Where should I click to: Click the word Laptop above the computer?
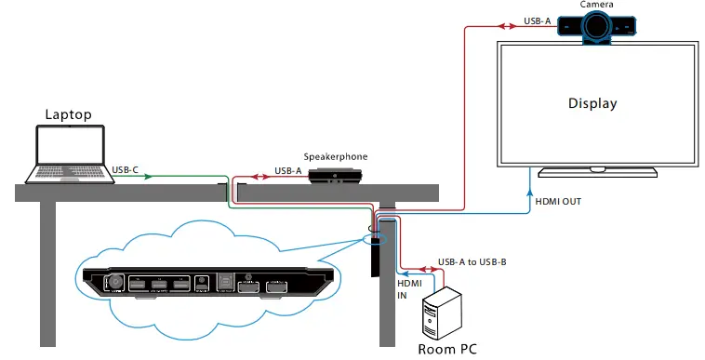68,114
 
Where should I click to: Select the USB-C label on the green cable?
126,170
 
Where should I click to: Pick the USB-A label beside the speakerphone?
287,170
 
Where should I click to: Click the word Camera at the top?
596,5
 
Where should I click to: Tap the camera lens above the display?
596,29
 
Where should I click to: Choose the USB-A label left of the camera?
537,20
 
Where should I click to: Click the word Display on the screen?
592,103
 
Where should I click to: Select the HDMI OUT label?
558,200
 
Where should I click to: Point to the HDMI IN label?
409,288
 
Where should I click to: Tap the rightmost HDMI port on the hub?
275,287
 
